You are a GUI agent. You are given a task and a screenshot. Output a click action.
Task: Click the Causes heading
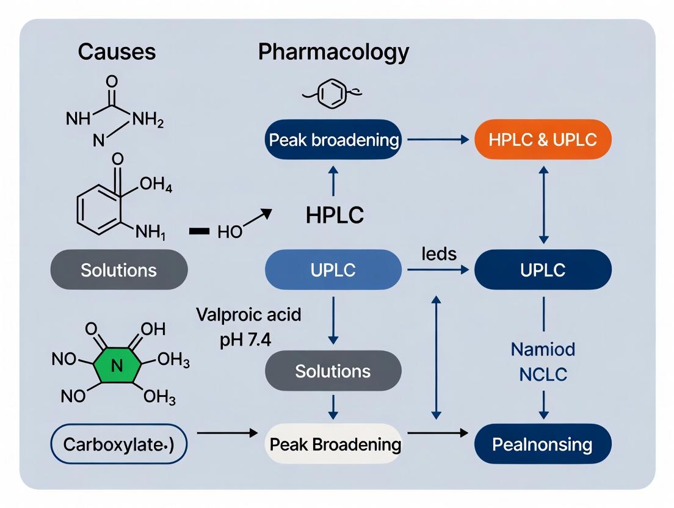pyautogui.click(x=117, y=52)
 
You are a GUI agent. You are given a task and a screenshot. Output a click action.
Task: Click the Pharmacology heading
pyautogui.click(x=333, y=52)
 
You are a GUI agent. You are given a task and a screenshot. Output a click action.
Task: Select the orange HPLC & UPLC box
pyautogui.click(x=543, y=139)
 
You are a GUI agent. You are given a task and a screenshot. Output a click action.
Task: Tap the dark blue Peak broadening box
pyautogui.click(x=333, y=140)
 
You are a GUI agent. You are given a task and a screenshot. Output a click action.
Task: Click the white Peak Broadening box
pyautogui.click(x=333, y=444)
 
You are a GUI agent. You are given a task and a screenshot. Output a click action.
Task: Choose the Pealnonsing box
pyautogui.click(x=543, y=444)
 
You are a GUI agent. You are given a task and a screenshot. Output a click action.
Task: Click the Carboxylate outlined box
pyautogui.click(x=118, y=444)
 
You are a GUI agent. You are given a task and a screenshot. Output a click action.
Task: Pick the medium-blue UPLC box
pyautogui.click(x=333, y=269)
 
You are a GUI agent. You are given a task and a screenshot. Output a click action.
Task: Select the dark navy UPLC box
pyautogui.click(x=543, y=269)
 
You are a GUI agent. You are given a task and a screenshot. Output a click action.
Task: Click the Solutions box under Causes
pyautogui.click(x=118, y=269)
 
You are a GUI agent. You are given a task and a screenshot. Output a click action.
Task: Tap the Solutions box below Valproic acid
pyautogui.click(x=333, y=371)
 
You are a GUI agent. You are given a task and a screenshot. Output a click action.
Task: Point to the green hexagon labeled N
pyautogui.click(x=118, y=366)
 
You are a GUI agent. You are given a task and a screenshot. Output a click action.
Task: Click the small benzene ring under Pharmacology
pyautogui.click(x=333, y=95)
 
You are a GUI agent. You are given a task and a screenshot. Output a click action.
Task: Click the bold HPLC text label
pyautogui.click(x=335, y=215)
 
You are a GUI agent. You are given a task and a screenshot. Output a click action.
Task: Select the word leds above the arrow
pyautogui.click(x=440, y=253)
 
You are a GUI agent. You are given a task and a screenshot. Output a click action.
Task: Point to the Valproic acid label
pyautogui.click(x=248, y=316)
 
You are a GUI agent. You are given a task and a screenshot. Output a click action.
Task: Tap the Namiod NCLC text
pyautogui.click(x=543, y=362)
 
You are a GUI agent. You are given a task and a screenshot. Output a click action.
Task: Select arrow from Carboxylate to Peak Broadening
pyautogui.click(x=228, y=433)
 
